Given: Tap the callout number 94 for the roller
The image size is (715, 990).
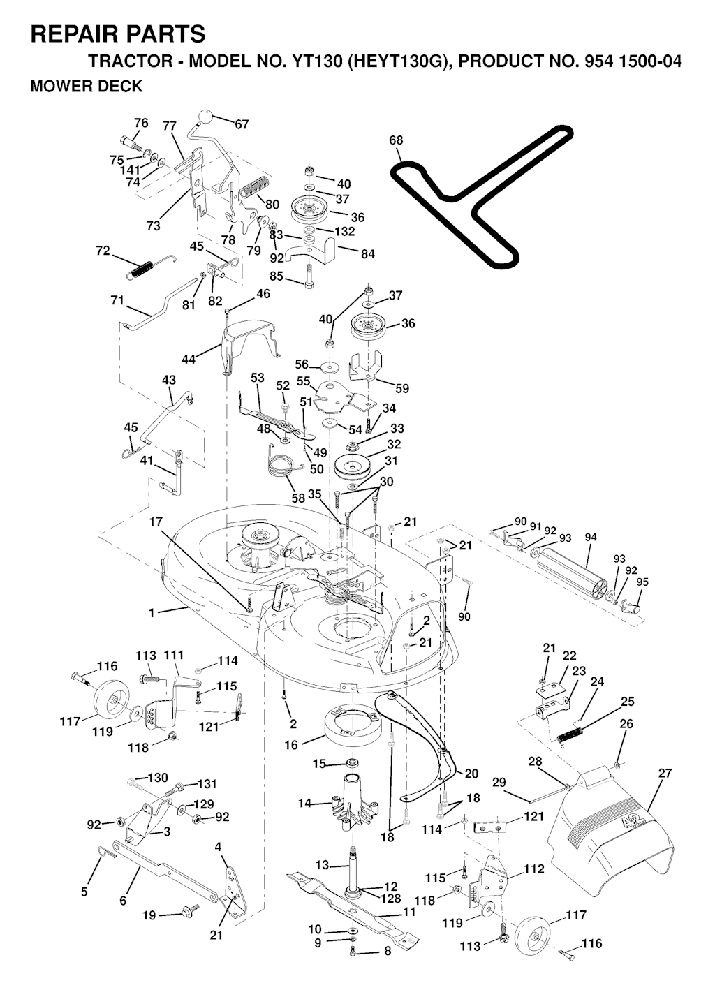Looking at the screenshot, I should point(591,537).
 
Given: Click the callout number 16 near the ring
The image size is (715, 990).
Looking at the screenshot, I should point(291,745).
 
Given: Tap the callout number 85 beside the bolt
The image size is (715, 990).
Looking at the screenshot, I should point(277,276).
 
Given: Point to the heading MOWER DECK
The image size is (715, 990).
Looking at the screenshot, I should point(87,87).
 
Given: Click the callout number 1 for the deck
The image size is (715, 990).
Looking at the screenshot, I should point(152,613).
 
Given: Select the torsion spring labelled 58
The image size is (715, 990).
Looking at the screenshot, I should point(282,464).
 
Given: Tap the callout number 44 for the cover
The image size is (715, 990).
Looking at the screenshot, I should point(189,359).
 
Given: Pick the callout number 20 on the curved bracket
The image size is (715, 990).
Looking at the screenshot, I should point(472,773).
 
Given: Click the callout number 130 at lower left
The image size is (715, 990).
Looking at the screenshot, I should point(159,778).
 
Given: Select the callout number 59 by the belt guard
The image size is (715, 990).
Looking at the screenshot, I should point(402,388).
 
